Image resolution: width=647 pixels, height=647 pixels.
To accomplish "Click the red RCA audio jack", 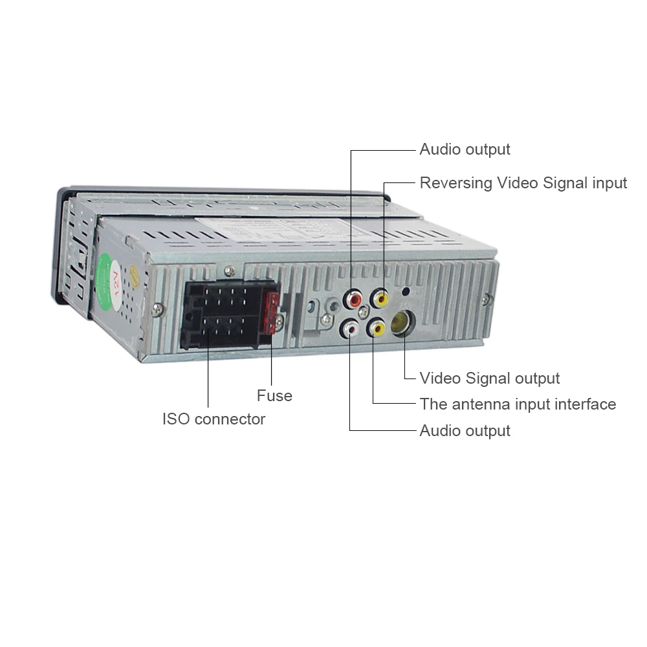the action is coord(354,299).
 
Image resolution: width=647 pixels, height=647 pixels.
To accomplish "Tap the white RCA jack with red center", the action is coord(349,329).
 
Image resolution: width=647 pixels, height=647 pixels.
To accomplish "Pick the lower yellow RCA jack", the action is coord(377,328).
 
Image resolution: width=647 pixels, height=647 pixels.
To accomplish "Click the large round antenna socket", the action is coord(402,323).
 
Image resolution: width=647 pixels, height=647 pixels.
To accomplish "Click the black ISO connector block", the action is coord(226,314).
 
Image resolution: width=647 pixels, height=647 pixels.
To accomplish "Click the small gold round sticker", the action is coord(135,275).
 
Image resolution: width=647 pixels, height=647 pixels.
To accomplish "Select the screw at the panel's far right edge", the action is coord(487,300).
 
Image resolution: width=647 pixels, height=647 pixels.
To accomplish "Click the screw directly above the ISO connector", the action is coord(230,271).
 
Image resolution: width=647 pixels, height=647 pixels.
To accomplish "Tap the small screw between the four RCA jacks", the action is coord(363,313).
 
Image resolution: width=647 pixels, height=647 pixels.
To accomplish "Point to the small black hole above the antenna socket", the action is coord(406,291).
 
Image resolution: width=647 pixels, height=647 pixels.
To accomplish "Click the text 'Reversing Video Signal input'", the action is coord(523,183).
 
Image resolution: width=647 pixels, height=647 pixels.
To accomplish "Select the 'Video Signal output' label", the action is coord(489,378).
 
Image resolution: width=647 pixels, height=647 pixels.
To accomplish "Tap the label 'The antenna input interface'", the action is coord(518,404).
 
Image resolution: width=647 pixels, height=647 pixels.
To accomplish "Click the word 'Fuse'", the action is coord(274,396).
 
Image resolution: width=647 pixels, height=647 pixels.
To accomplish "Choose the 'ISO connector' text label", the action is coord(214,419).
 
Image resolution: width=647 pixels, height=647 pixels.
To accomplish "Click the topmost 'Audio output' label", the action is coord(465,149).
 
